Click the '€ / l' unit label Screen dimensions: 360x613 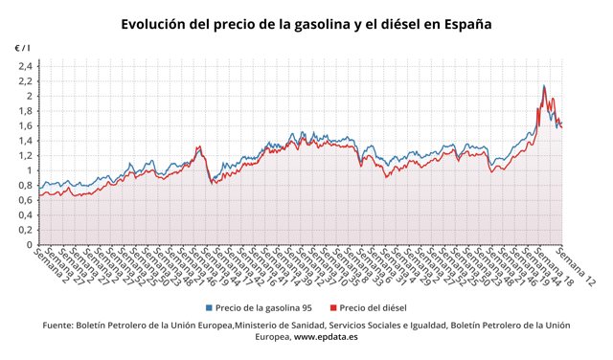point(22,47)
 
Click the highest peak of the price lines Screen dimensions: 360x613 point(544,86)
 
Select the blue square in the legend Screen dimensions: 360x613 point(210,308)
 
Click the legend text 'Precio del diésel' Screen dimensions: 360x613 point(375,308)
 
